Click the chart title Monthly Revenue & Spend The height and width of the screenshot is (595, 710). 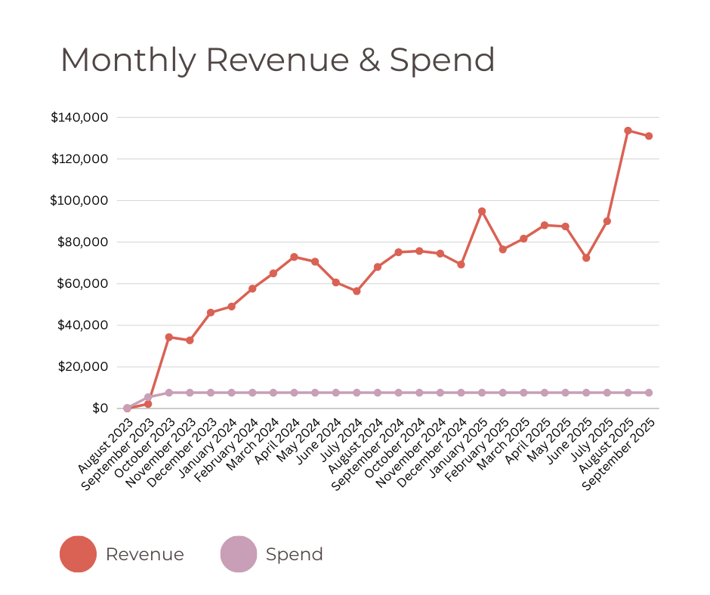277,60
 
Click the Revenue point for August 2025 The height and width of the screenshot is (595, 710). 628,131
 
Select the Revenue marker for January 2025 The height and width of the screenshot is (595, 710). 482,211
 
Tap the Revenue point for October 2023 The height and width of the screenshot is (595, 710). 169,337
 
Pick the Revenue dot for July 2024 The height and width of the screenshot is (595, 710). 357,291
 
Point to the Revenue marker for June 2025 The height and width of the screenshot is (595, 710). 586,258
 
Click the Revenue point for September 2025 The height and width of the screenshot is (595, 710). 649,136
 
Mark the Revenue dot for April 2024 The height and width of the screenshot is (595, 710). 294,257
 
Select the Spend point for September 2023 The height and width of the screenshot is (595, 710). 148,397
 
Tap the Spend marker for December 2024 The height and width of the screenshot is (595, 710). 461,393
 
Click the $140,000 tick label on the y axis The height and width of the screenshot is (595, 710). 80,118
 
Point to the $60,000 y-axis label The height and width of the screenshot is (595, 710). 83,284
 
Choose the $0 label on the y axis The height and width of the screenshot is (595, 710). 100,408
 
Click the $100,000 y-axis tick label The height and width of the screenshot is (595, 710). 80,201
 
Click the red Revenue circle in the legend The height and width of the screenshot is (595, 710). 78,554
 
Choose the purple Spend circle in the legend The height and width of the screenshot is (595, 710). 239,554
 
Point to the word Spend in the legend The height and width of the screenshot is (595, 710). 294,554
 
